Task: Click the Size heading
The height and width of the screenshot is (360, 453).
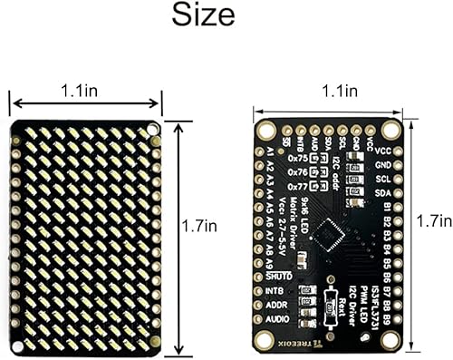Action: click(x=203, y=16)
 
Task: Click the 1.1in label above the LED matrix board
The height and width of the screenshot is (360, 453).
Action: click(x=87, y=92)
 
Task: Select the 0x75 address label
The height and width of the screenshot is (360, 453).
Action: click(x=297, y=158)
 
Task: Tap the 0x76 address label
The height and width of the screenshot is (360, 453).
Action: click(x=297, y=171)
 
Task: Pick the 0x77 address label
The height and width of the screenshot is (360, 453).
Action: click(x=297, y=185)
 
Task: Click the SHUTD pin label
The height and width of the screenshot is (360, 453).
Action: click(x=284, y=276)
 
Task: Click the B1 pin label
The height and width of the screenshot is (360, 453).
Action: click(x=387, y=208)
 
